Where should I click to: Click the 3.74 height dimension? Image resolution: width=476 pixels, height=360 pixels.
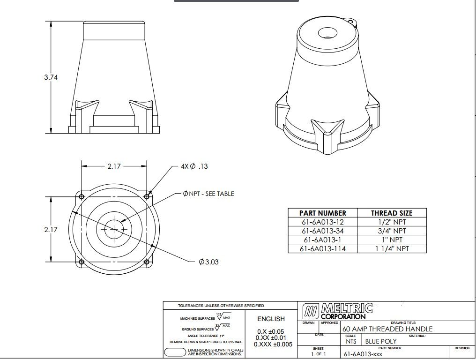tap(51, 77)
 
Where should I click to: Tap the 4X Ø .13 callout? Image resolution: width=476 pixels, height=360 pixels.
tap(194, 166)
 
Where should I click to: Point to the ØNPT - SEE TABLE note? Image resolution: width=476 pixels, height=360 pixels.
tap(208, 194)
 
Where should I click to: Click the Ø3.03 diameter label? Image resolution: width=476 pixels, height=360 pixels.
tap(209, 262)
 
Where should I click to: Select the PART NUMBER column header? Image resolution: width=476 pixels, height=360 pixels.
tap(322, 213)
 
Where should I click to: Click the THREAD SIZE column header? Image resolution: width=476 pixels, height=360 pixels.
tap(392, 213)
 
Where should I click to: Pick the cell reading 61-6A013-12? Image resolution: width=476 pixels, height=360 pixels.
tap(322, 222)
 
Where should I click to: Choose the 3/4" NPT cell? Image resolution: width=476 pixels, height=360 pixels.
tap(392, 231)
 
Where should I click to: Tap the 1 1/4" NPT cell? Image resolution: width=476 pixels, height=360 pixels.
tap(392, 248)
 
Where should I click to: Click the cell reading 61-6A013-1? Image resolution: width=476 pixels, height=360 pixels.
tap(322, 240)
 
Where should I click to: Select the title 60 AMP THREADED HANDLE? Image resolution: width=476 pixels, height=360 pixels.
tap(388, 329)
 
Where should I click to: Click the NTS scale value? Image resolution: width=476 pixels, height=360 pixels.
tap(350, 342)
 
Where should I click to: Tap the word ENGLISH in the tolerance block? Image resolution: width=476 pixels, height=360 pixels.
tap(271, 319)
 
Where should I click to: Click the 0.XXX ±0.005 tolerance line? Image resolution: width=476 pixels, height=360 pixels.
tap(273, 344)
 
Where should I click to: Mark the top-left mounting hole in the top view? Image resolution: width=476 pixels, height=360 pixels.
tap(82, 196)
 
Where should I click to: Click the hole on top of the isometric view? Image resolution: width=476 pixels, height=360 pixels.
tap(325, 33)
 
